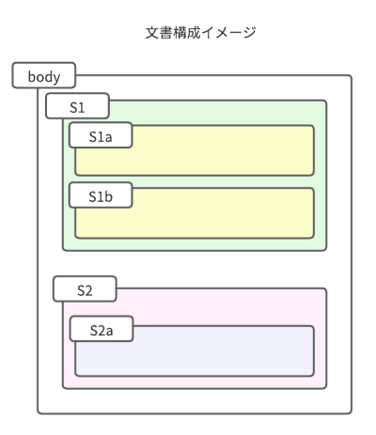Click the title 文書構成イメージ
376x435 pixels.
[x=201, y=33]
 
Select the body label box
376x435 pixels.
[x=44, y=75]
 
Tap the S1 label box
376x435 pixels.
[x=77, y=106]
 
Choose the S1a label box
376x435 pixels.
[x=101, y=135]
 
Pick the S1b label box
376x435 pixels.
[x=101, y=195]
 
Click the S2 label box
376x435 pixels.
[x=85, y=289]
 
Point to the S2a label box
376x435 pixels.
[x=102, y=329]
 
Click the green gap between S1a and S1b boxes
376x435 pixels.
[x=195, y=181]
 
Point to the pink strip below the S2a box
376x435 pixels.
[x=195, y=382]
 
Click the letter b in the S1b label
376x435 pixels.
[x=108, y=196]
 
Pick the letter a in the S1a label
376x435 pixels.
[x=108, y=137]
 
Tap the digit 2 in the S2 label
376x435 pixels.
[x=88, y=290]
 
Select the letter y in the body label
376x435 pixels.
[x=56, y=78]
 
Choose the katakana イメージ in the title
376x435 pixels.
[x=228, y=33]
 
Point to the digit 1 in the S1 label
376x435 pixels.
[x=81, y=108]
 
